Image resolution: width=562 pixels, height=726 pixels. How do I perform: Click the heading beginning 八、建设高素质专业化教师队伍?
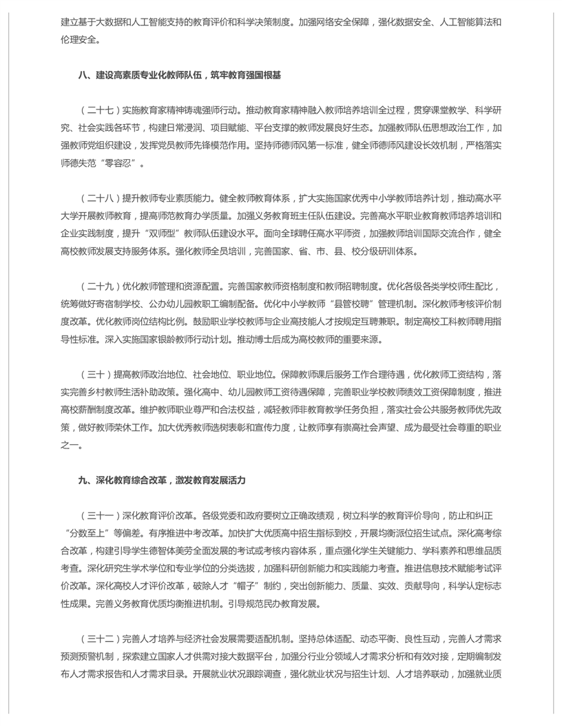179,75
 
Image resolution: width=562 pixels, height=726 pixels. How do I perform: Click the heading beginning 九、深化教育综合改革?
161,480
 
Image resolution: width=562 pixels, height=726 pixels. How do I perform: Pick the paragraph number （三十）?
96,374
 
